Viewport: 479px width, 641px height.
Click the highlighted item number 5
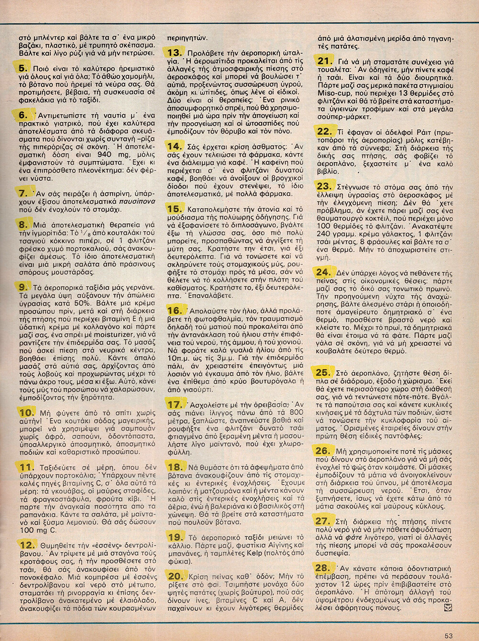(23, 68)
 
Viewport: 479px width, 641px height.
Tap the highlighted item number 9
(23, 287)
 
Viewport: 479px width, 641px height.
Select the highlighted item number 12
(27, 544)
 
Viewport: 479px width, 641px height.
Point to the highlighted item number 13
(174, 53)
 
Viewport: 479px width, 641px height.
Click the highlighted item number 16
(174, 310)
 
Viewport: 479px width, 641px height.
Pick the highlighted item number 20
(175, 576)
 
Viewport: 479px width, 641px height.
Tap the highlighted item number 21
(325, 61)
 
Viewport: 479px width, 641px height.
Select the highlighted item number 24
(323, 272)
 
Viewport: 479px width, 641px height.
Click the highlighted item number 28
(323, 568)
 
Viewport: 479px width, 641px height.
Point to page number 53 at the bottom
(448, 636)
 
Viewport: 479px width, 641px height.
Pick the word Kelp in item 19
(267, 552)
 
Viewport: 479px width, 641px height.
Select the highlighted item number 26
(323, 450)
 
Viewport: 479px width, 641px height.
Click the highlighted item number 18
(175, 466)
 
